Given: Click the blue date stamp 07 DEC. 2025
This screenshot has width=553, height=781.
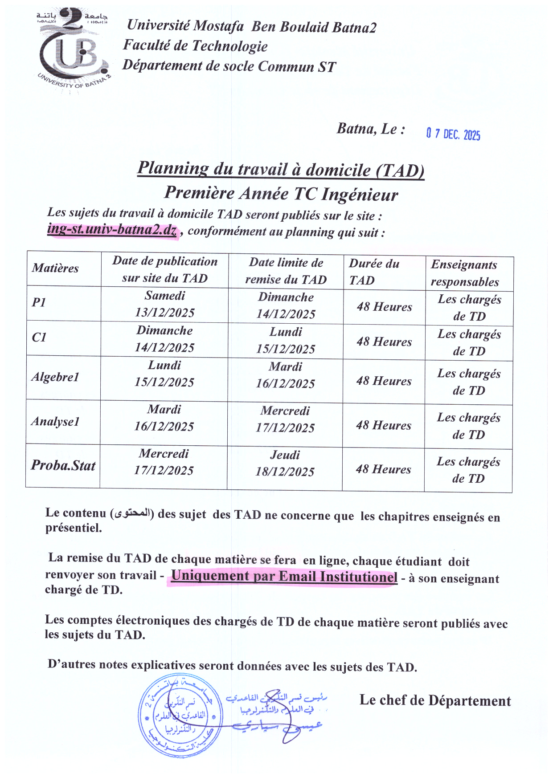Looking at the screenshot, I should point(453,134).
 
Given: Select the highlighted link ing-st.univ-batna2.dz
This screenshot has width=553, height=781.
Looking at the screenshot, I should point(112,230).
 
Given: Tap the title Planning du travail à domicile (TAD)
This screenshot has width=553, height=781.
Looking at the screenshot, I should point(281,169).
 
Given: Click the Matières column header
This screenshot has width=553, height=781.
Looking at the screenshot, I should point(55,268).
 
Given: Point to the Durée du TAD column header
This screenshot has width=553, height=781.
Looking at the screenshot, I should point(374,272).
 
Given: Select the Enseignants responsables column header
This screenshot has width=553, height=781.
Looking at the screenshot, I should point(465,273).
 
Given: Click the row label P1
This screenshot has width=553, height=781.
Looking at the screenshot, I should point(39,302).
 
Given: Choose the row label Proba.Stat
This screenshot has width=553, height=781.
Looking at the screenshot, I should point(63,466).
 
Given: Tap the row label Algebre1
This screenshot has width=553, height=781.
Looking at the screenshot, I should point(55,377).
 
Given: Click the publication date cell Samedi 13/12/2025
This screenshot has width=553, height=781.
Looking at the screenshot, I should point(165,304).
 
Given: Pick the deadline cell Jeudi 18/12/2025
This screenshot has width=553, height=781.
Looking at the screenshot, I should point(285,463).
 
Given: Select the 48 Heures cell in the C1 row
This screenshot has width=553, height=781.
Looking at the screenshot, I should point(384,342).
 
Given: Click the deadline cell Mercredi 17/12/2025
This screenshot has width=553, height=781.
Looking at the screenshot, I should point(285,419).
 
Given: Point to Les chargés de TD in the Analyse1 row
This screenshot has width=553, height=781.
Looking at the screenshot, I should point(468,426).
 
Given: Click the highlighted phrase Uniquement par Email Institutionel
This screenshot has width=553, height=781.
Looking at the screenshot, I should point(284,577).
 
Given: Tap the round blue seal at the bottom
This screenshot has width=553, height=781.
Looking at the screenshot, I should point(180,716).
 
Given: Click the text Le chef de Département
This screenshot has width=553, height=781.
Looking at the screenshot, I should point(435,700).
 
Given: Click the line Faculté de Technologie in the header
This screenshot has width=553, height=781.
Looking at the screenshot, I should point(195,46).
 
